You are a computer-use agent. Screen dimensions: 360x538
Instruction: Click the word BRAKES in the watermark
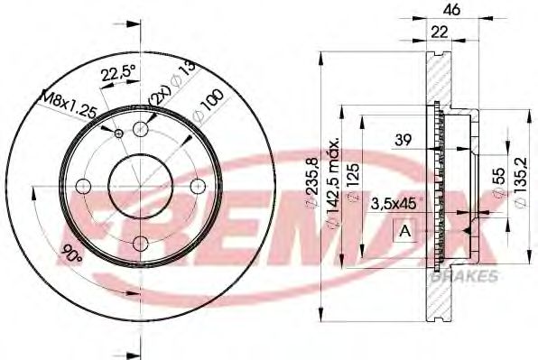point(468,275)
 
